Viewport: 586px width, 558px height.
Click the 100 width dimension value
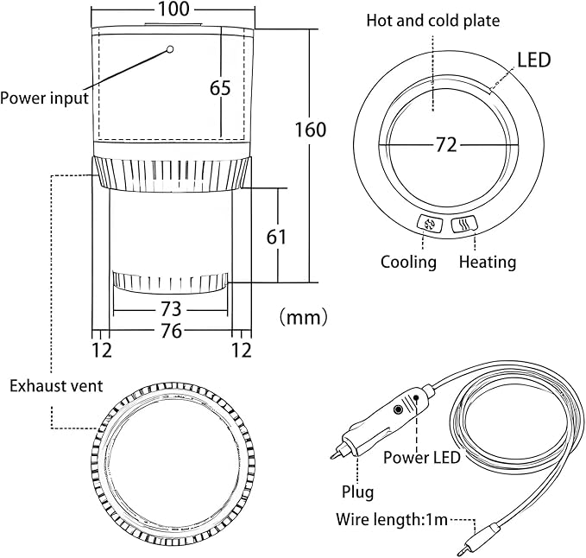click(x=173, y=9)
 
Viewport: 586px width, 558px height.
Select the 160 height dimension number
click(x=311, y=130)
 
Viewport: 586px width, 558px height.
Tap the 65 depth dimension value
click(x=220, y=88)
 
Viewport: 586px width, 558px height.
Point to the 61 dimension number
click(x=276, y=237)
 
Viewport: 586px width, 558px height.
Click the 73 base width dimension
click(x=170, y=309)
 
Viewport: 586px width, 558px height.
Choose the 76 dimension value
click(x=171, y=331)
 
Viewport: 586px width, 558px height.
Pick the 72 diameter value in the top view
click(x=446, y=145)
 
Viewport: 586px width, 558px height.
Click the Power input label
click(x=44, y=98)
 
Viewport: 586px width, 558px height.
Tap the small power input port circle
click(x=170, y=49)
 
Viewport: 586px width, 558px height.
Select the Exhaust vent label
click(x=56, y=386)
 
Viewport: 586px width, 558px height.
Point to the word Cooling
click(x=408, y=262)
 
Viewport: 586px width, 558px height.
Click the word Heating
click(x=488, y=262)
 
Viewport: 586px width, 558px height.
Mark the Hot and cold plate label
click(x=432, y=21)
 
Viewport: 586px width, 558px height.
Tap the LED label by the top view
click(x=534, y=60)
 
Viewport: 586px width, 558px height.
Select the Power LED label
click(x=422, y=458)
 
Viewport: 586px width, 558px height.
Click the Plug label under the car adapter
click(x=357, y=492)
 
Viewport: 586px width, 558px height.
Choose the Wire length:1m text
click(x=392, y=519)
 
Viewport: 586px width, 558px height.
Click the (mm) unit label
click(x=304, y=317)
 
